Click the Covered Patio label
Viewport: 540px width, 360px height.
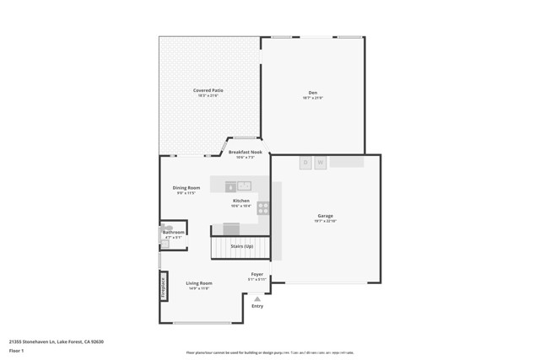pyautogui.click(x=208, y=90)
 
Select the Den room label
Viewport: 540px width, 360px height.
pyautogui.click(x=312, y=93)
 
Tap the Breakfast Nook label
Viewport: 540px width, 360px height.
pyautogui.click(x=245, y=153)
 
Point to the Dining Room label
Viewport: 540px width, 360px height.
pyautogui.click(x=186, y=187)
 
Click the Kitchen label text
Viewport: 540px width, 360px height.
pyautogui.click(x=241, y=201)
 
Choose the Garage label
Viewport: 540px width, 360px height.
pyautogui.click(x=326, y=217)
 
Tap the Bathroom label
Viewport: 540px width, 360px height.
pyautogui.click(x=174, y=232)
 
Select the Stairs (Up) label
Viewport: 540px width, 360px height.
pyautogui.click(x=242, y=246)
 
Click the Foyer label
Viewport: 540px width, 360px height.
pyautogui.click(x=256, y=274)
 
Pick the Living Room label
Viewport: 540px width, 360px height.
pyautogui.click(x=199, y=283)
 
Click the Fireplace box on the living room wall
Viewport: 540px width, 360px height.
pyautogui.click(x=164, y=287)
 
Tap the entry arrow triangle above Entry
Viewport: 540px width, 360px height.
pyautogui.click(x=257, y=298)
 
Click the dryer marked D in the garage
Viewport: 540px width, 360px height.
pyautogui.click(x=305, y=163)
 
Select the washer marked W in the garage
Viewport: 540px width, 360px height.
pyautogui.click(x=321, y=163)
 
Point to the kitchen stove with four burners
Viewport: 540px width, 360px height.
pyautogui.click(x=263, y=207)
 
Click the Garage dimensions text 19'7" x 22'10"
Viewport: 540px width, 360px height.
pyautogui.click(x=326, y=222)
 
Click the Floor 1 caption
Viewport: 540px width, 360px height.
pyautogui.click(x=16, y=350)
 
